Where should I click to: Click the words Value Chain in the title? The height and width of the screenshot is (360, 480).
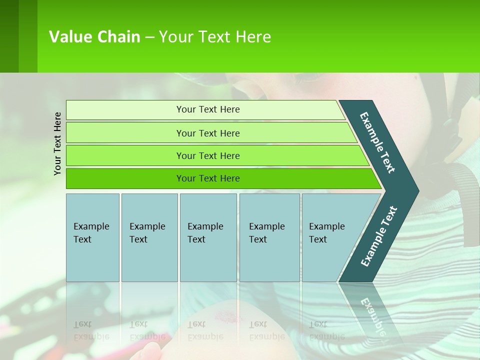tap(94, 37)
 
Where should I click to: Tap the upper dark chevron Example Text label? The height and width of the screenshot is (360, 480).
tap(377, 142)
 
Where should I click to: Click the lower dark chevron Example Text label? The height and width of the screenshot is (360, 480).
tap(378, 236)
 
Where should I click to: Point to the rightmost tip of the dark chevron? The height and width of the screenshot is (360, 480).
tap(417, 191)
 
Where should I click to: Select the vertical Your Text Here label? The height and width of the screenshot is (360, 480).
tap(57, 143)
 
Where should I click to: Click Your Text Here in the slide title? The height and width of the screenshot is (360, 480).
tap(215, 37)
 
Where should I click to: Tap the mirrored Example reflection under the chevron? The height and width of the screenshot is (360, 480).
tap(372, 315)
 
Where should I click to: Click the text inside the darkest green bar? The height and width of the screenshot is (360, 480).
tap(208, 178)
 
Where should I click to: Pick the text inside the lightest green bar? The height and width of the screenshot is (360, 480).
tap(208, 109)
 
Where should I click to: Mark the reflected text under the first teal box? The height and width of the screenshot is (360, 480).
tap(91, 330)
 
